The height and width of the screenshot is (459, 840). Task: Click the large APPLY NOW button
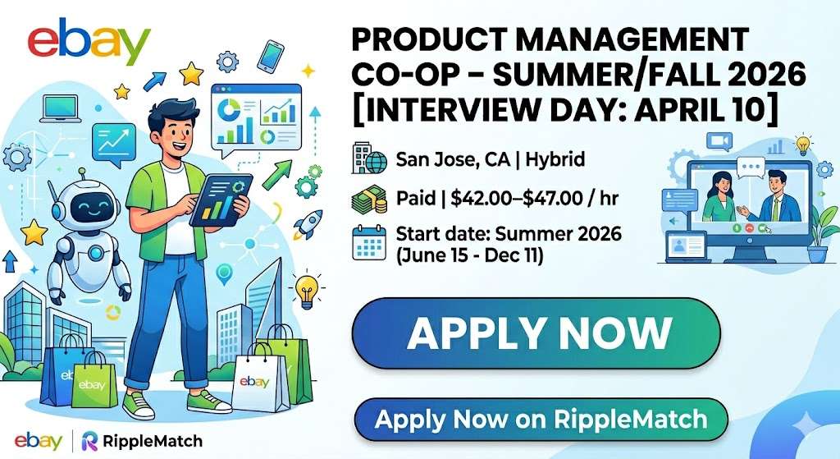click(x=537, y=333)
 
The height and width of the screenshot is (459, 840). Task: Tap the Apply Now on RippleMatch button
click(x=541, y=420)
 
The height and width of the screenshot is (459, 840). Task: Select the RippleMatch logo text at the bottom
click(x=153, y=441)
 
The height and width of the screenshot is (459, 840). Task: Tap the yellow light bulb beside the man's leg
click(x=307, y=288)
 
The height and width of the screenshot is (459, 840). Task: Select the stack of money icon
click(x=367, y=199)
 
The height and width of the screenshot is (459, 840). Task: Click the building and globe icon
click(x=367, y=158)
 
